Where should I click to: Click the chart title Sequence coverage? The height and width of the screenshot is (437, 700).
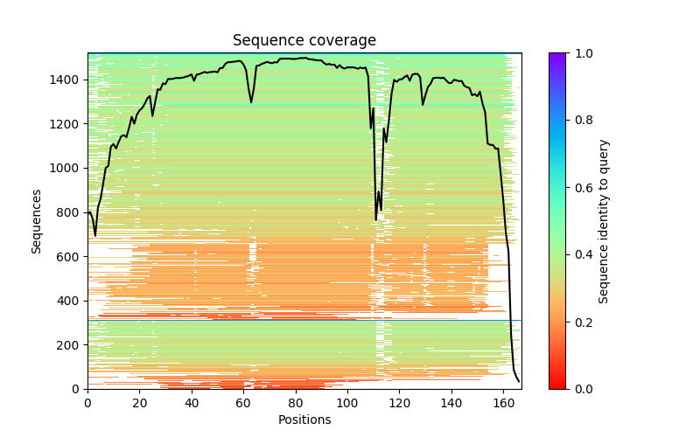tap(304, 40)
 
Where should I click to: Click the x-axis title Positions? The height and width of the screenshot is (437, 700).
tap(304, 420)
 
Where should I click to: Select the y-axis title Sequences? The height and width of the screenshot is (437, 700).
tap(37, 220)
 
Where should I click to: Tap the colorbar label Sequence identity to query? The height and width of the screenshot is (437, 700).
tap(604, 220)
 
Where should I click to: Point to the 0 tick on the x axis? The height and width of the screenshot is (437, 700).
tap(87, 404)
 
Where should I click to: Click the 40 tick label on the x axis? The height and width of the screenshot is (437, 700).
tap(192, 404)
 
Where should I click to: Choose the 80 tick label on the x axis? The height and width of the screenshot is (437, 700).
tap(296, 404)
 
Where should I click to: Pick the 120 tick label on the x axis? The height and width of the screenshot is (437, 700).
tap(400, 404)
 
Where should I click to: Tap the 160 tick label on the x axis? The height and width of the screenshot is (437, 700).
tap(504, 404)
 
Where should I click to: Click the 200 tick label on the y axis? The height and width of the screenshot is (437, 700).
tap(71, 344)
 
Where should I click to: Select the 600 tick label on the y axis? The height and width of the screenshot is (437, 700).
tap(71, 256)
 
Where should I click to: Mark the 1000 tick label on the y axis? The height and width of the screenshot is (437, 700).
tap(68, 168)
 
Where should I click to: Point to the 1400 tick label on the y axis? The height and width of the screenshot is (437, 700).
tap(68, 80)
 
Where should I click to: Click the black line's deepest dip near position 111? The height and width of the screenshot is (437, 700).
tap(376, 219)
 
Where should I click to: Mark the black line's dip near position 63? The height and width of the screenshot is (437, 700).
tap(251, 102)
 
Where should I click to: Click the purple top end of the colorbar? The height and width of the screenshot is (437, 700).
tap(556, 55)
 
